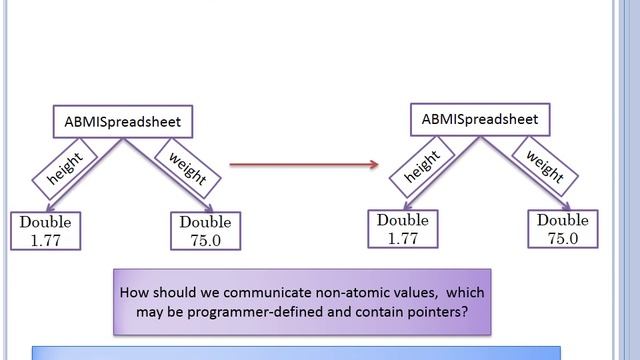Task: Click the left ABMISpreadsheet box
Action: click(121, 122)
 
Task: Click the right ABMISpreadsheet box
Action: click(480, 119)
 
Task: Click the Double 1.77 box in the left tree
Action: click(46, 231)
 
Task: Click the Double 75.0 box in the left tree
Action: click(203, 231)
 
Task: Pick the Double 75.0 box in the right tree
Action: click(563, 228)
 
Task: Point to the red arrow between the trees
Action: click(300, 163)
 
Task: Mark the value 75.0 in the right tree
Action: click(563, 237)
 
